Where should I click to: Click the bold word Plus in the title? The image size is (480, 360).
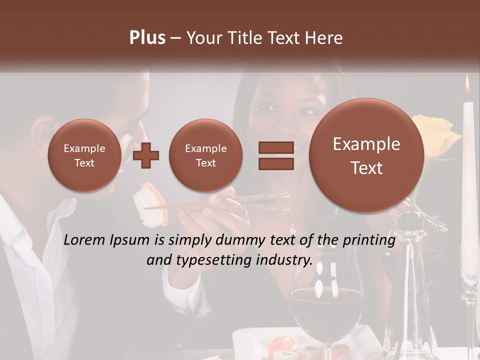(147, 38)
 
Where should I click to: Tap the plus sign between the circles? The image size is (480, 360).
(146, 155)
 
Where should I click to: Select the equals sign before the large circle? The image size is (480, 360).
(276, 155)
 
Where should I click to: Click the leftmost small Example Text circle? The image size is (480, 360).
(84, 155)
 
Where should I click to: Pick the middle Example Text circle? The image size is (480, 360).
(206, 155)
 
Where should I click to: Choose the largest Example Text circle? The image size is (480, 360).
(366, 155)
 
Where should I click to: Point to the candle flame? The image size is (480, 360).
(467, 84)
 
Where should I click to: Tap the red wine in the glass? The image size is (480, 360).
(327, 310)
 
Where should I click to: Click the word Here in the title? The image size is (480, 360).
(325, 38)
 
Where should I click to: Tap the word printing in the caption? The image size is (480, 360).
(369, 240)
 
